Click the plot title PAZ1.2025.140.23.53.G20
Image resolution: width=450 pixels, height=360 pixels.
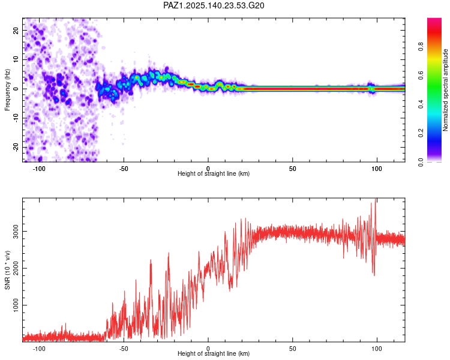click(214, 5)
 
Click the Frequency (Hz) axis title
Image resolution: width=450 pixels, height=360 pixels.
click(7, 90)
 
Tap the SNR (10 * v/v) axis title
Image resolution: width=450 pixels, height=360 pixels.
click(7, 270)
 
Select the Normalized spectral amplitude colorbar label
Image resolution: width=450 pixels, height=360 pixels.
click(445, 90)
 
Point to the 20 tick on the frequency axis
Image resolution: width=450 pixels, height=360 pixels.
click(16, 30)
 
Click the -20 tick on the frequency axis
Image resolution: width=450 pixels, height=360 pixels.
click(16, 147)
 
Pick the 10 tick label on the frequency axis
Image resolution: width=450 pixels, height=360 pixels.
click(16, 59)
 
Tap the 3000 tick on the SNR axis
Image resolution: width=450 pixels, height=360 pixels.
click(16, 231)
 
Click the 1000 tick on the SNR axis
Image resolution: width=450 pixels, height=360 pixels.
click(16, 305)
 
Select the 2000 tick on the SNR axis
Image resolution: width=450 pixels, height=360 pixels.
click(16, 268)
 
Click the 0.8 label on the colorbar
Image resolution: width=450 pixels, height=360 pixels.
click(421, 47)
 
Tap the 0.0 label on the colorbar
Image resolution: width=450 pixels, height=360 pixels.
click(421, 162)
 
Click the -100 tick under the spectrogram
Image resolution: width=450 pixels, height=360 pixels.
click(39, 169)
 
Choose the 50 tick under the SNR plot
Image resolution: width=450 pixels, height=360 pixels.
click(292, 349)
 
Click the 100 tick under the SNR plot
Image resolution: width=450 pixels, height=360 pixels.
click(377, 349)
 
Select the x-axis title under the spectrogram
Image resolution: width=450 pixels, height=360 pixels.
click(214, 173)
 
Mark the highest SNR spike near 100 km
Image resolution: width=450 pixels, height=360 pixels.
click(376, 199)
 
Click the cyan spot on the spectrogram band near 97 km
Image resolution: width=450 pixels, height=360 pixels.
click(372, 89)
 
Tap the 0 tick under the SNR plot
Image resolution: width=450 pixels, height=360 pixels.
click(208, 349)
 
